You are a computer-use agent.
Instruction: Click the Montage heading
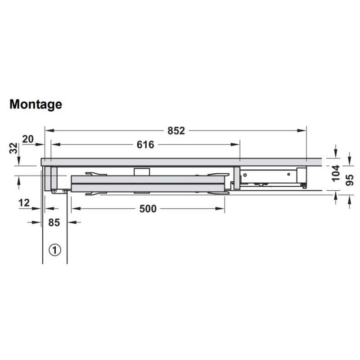click(x=36, y=105)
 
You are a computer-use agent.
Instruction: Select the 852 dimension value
click(x=176, y=131)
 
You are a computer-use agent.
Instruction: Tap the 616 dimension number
click(x=145, y=145)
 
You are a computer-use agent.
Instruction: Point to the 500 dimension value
click(x=148, y=209)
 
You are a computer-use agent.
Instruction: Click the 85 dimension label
click(x=54, y=223)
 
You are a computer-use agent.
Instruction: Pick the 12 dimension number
click(x=24, y=203)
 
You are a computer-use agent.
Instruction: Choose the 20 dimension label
click(x=28, y=139)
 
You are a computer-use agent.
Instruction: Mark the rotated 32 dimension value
click(x=14, y=148)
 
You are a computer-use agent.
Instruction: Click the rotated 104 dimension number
click(x=336, y=173)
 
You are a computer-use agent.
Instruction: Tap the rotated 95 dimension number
click(x=350, y=180)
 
